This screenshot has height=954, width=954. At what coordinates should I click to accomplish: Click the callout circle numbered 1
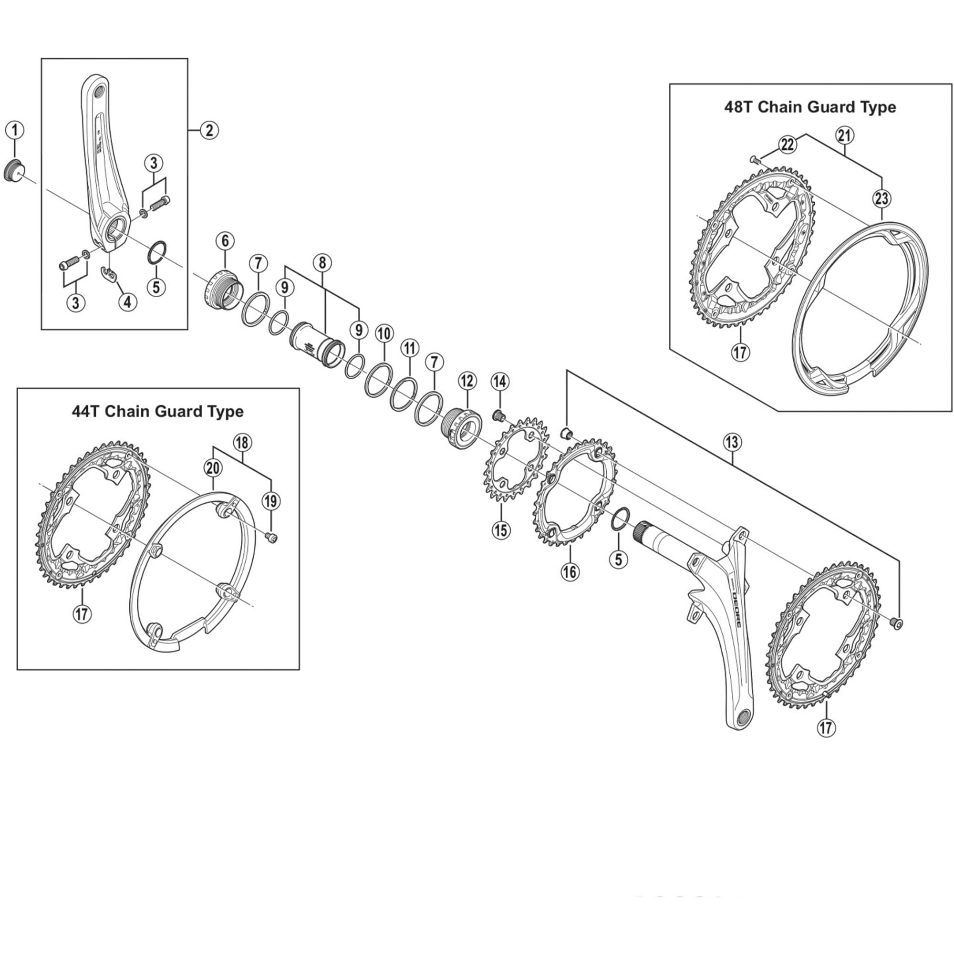pos(15,130)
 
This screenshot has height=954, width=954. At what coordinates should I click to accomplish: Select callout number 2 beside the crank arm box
pos(209,130)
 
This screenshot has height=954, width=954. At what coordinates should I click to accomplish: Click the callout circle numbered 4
pos(127,301)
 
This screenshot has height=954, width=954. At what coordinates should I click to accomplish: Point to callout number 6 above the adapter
pos(225,241)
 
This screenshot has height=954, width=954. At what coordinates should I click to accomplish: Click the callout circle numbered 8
pos(322,263)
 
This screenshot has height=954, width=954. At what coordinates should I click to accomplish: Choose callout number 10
pos(384,333)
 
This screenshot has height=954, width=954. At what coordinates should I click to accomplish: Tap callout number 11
pos(409,348)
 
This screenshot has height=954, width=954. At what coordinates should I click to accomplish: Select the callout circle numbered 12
pos(467,381)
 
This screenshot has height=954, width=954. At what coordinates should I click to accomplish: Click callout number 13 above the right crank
pos(732,442)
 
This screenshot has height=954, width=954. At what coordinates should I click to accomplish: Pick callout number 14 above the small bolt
pos(500,381)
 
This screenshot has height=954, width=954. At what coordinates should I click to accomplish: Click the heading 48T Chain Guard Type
pos(810,107)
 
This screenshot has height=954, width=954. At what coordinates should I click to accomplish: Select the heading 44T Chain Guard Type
pos(157,411)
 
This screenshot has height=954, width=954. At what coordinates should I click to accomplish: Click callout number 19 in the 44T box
pos(270,501)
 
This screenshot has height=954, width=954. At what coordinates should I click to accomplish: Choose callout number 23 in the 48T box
pos(882,198)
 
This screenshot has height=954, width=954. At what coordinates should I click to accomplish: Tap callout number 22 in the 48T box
pos(787,145)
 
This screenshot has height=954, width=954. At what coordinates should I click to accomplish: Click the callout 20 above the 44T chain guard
pos(213,467)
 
